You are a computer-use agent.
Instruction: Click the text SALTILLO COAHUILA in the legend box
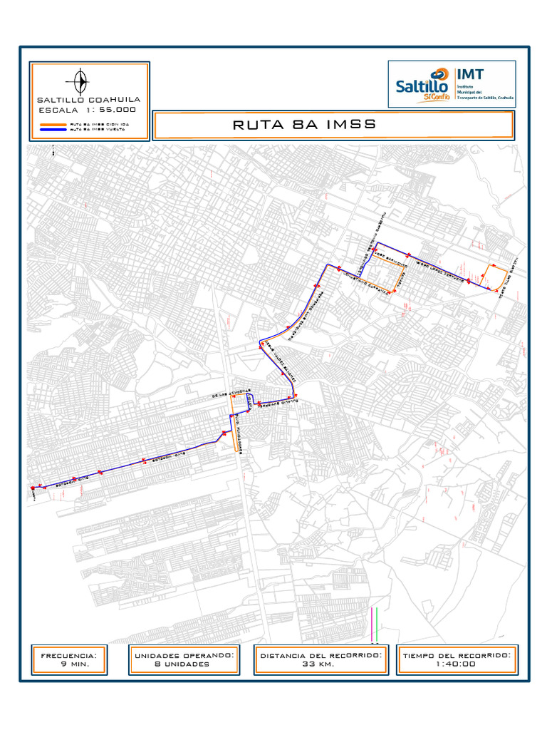click(x=88, y=99)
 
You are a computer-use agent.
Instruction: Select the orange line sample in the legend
click(x=53, y=124)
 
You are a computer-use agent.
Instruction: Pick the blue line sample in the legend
click(x=53, y=129)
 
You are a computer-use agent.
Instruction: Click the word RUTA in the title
click(x=257, y=125)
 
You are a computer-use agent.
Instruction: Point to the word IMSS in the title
click(x=350, y=125)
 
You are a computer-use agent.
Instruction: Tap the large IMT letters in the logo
click(x=470, y=73)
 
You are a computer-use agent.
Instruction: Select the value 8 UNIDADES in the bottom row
click(x=182, y=664)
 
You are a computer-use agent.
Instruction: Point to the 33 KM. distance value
click(x=321, y=664)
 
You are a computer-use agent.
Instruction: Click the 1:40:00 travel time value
click(x=457, y=664)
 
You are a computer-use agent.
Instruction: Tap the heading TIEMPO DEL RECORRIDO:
click(x=457, y=654)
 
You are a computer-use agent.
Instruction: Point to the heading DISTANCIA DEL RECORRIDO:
click(x=321, y=654)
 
